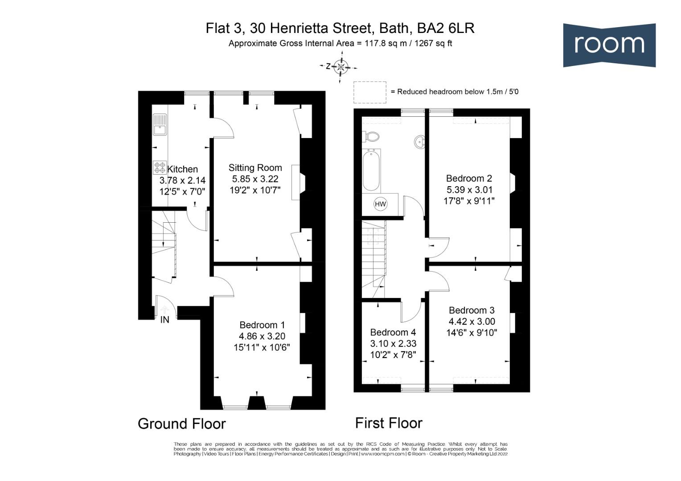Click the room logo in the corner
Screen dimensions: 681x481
pyautogui.click(x=609, y=45)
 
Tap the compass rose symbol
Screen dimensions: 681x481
pyautogui.click(x=340, y=66)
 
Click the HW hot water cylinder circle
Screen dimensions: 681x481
pyautogui.click(x=380, y=204)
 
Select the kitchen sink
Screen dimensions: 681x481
pyautogui.click(x=160, y=125)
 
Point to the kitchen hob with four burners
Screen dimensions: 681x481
pyautogui.click(x=160, y=167)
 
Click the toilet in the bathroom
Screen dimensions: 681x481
pyautogui.click(x=371, y=136)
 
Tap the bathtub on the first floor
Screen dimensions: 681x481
pyautogui.click(x=372, y=170)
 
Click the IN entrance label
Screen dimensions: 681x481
pyautogui.click(x=164, y=319)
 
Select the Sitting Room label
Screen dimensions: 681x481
pyautogui.click(x=255, y=168)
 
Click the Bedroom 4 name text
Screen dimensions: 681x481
pyautogui.click(x=393, y=332)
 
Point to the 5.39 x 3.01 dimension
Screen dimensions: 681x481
pyautogui.click(x=469, y=190)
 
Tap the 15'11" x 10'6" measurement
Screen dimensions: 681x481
pyautogui.click(x=262, y=347)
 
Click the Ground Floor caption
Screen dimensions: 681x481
pyautogui.click(x=182, y=424)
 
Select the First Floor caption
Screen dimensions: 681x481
pyautogui.click(x=389, y=423)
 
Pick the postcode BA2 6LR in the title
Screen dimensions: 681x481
pyautogui.click(x=445, y=28)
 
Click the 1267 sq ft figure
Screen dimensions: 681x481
pyautogui.click(x=433, y=44)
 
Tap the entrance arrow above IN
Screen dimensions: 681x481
pyautogui.click(x=164, y=310)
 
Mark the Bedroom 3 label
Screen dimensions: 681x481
pyautogui.click(x=472, y=310)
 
